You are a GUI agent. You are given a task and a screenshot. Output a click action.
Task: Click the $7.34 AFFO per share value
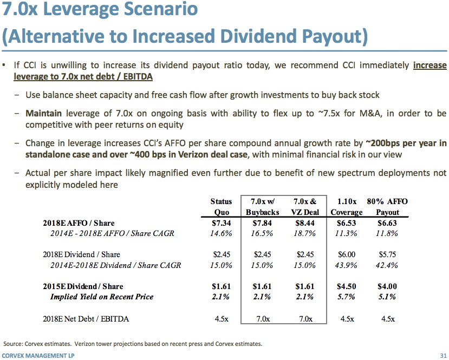pyautogui.click(x=221, y=223)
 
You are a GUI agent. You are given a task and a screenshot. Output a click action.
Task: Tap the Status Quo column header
pyautogui.click(x=221, y=207)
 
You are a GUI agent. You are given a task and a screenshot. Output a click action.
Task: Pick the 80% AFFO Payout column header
pyautogui.click(x=387, y=207)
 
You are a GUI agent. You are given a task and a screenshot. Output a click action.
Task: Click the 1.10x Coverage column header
pyautogui.click(x=347, y=207)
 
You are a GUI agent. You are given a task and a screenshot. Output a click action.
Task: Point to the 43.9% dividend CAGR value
pyautogui.click(x=347, y=265)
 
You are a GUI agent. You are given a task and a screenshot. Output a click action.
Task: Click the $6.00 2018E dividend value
pyautogui.click(x=347, y=254)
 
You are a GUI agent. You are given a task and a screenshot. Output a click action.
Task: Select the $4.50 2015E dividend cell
pyautogui.click(x=347, y=286)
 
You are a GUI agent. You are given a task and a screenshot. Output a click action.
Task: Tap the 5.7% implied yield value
pyautogui.click(x=347, y=297)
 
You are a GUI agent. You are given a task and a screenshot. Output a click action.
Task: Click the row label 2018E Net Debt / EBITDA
pyautogui.click(x=86, y=319)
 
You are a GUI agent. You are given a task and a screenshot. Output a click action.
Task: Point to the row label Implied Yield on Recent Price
pyautogui.click(x=102, y=297)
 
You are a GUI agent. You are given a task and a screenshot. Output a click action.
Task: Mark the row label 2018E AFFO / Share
pyautogui.click(x=79, y=223)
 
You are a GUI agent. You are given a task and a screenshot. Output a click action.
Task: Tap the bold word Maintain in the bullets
pyautogui.click(x=43, y=114)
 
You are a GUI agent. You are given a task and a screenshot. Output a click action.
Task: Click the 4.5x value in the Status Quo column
pyautogui.click(x=221, y=319)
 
